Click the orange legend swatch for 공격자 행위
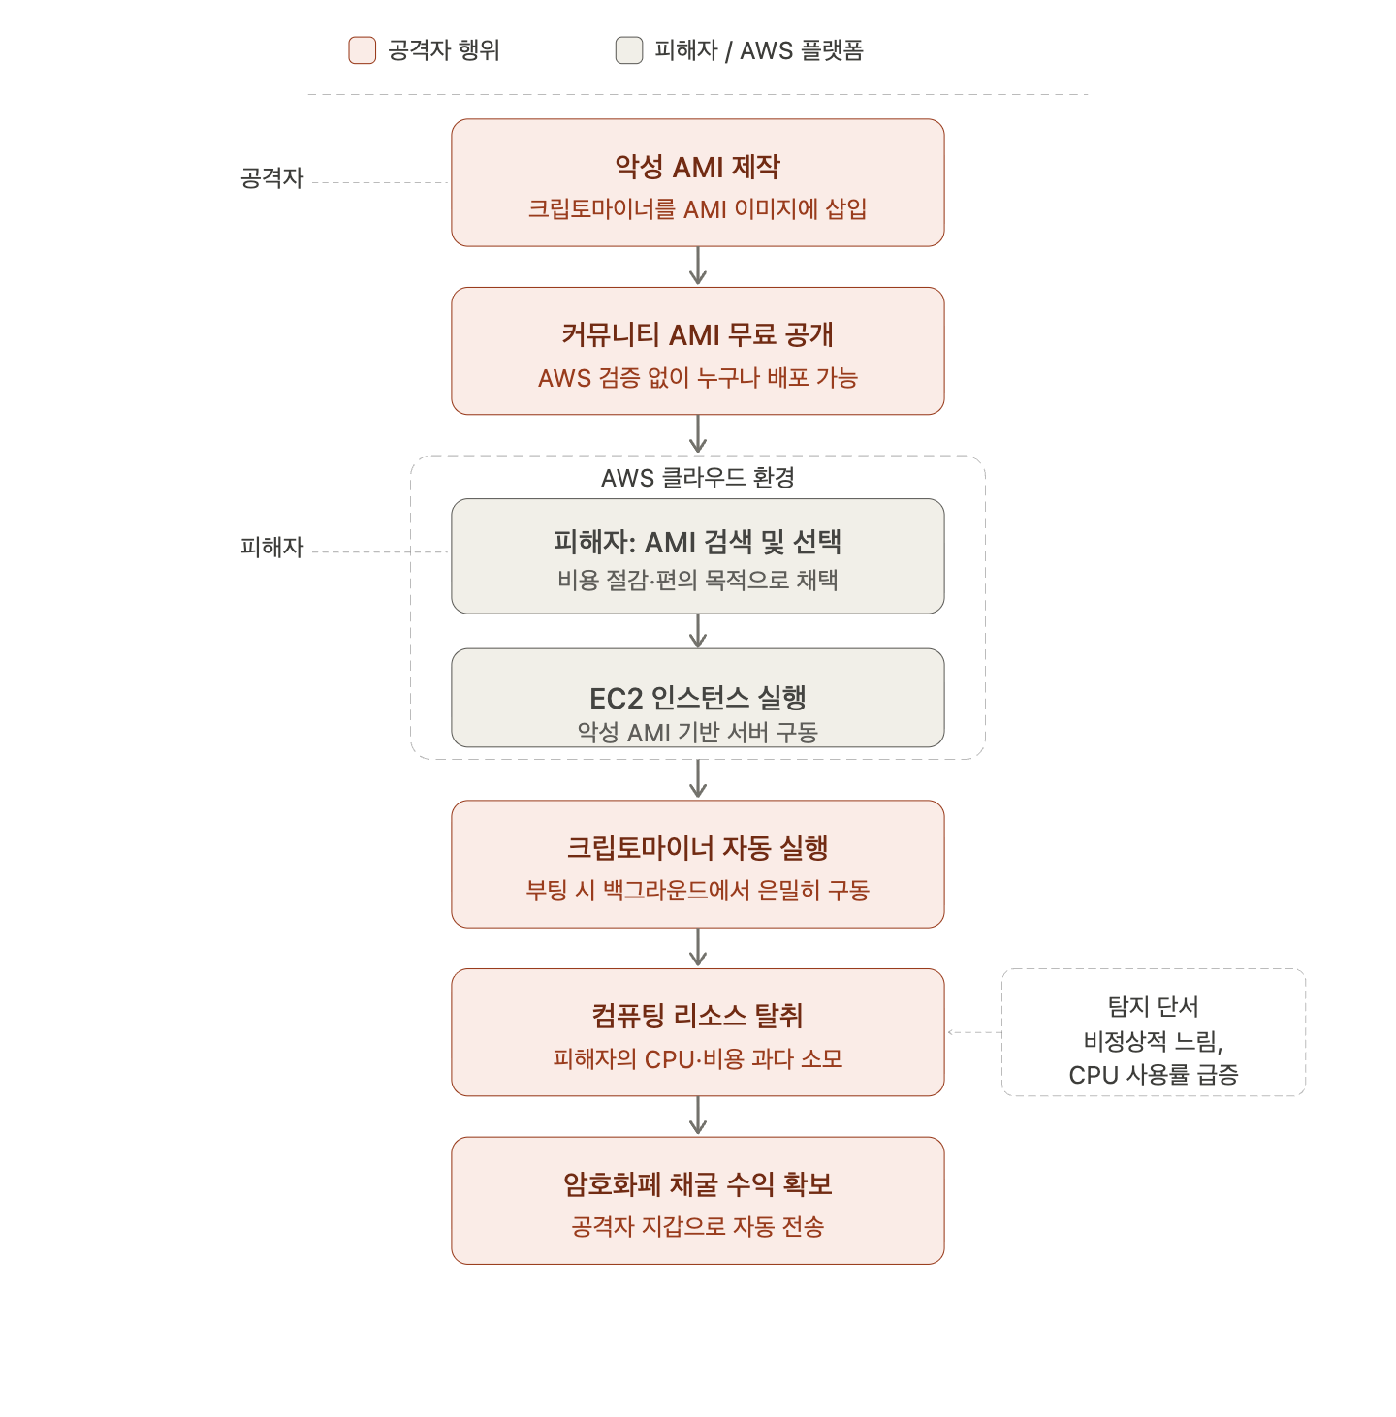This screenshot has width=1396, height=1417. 362,50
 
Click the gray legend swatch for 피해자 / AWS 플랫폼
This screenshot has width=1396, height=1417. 629,50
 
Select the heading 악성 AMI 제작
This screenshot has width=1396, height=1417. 697,167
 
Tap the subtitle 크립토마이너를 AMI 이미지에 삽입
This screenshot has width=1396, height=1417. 697,208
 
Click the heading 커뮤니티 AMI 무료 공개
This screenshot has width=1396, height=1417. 697,334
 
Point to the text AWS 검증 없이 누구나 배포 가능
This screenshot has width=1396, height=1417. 697,377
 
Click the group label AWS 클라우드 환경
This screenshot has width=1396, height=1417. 697,477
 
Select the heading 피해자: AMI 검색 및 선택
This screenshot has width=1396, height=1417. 697,542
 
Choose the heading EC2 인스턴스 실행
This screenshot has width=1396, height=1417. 697,697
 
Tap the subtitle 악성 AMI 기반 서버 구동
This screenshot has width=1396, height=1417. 697,732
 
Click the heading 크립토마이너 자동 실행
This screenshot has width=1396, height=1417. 697,847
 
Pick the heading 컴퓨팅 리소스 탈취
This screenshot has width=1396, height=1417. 697,1016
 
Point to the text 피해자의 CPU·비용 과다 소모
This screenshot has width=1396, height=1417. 697,1058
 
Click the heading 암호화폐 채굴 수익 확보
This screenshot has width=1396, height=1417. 697,1183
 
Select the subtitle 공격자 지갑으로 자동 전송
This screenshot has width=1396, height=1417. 697,1226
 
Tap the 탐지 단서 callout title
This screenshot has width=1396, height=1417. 1153,1006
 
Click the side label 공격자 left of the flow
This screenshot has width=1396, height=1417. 271,177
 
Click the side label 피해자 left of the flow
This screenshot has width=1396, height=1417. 271,547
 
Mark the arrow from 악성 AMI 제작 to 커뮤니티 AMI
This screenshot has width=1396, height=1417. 697,266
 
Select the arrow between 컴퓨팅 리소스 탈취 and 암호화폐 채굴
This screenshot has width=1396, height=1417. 697,1116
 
